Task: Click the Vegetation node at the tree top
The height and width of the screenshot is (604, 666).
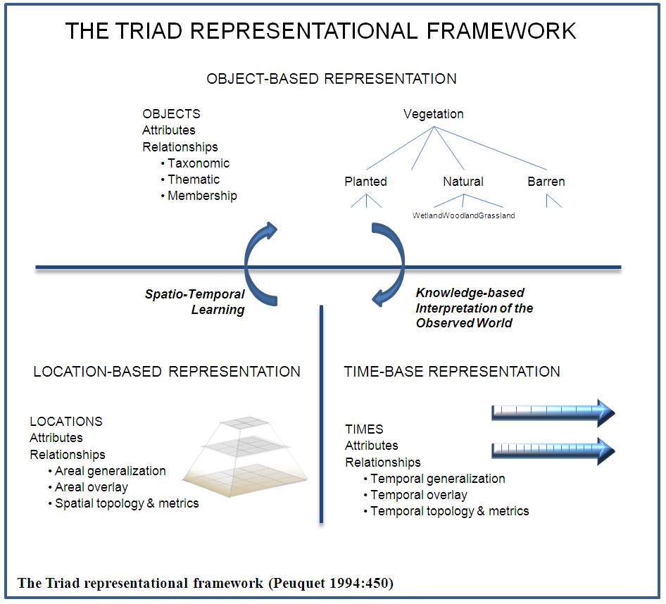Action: [434, 114]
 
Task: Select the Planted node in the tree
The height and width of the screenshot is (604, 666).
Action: [365, 182]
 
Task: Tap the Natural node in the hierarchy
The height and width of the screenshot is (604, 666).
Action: [463, 182]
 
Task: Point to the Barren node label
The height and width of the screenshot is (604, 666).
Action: [546, 182]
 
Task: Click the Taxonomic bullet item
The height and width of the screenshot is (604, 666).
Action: [198, 163]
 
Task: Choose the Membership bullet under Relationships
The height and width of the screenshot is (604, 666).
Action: [201, 196]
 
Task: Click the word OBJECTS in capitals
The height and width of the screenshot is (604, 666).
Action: [171, 114]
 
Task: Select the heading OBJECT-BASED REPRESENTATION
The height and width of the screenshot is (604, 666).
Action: [332, 79]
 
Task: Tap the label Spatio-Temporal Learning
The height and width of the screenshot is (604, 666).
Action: [195, 302]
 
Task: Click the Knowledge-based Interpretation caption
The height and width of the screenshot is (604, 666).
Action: [474, 308]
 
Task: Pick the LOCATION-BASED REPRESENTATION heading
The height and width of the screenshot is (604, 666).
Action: [167, 372]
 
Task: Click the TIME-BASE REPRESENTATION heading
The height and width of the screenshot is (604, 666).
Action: [452, 372]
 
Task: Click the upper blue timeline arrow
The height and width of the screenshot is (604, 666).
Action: [553, 412]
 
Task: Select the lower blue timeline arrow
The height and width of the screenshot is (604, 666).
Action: [553, 450]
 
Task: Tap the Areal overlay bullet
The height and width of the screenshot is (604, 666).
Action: [91, 487]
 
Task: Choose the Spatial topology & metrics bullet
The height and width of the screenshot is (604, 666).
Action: [126, 503]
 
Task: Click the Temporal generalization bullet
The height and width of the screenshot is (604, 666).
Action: [437, 479]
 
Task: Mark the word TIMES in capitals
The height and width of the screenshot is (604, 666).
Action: [364, 429]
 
